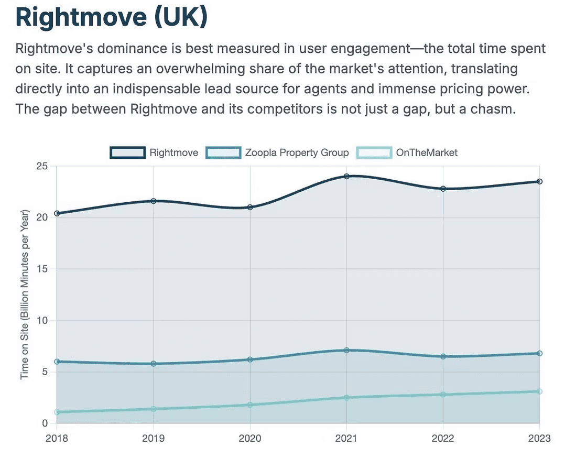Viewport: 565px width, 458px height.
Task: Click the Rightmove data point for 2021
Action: (346, 176)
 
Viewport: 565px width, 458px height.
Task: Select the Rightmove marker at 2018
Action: (57, 213)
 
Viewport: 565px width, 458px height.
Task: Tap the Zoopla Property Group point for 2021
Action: (346, 350)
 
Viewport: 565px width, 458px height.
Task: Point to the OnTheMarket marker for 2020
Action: (250, 405)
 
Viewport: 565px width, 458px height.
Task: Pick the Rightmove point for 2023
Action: (539, 181)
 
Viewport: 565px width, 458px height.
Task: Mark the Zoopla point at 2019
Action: (154, 364)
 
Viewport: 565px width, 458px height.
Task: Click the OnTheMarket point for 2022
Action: (443, 394)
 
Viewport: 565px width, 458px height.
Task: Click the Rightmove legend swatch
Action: (127, 152)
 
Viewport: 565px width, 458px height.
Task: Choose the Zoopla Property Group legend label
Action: (297, 152)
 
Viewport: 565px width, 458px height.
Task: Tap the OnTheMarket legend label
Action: (427, 152)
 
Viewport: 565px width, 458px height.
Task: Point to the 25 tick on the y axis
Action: (41, 167)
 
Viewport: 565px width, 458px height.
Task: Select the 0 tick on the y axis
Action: (45, 423)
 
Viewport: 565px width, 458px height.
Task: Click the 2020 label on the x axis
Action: (250, 438)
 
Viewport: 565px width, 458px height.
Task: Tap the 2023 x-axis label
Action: (539, 438)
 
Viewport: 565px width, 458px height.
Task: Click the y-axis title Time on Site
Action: (25, 295)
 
